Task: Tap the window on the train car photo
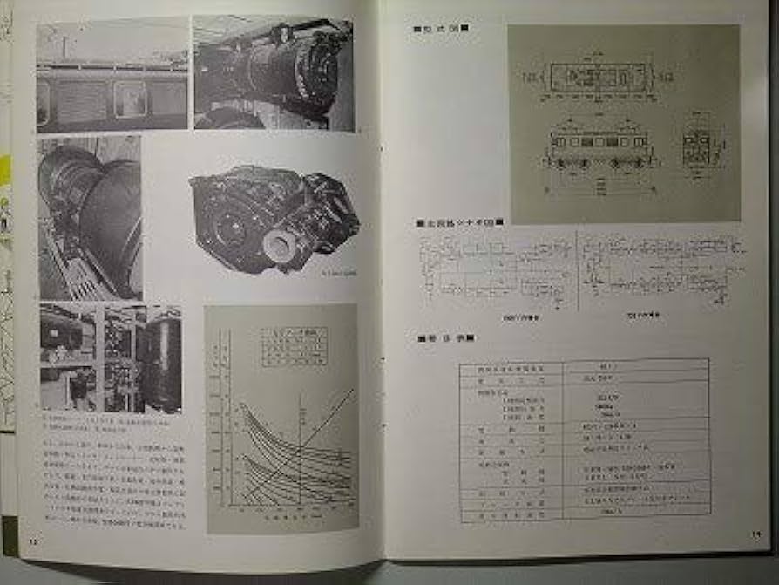pos(129,99)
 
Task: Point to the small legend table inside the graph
pos(294,346)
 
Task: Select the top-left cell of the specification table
pos(509,369)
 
